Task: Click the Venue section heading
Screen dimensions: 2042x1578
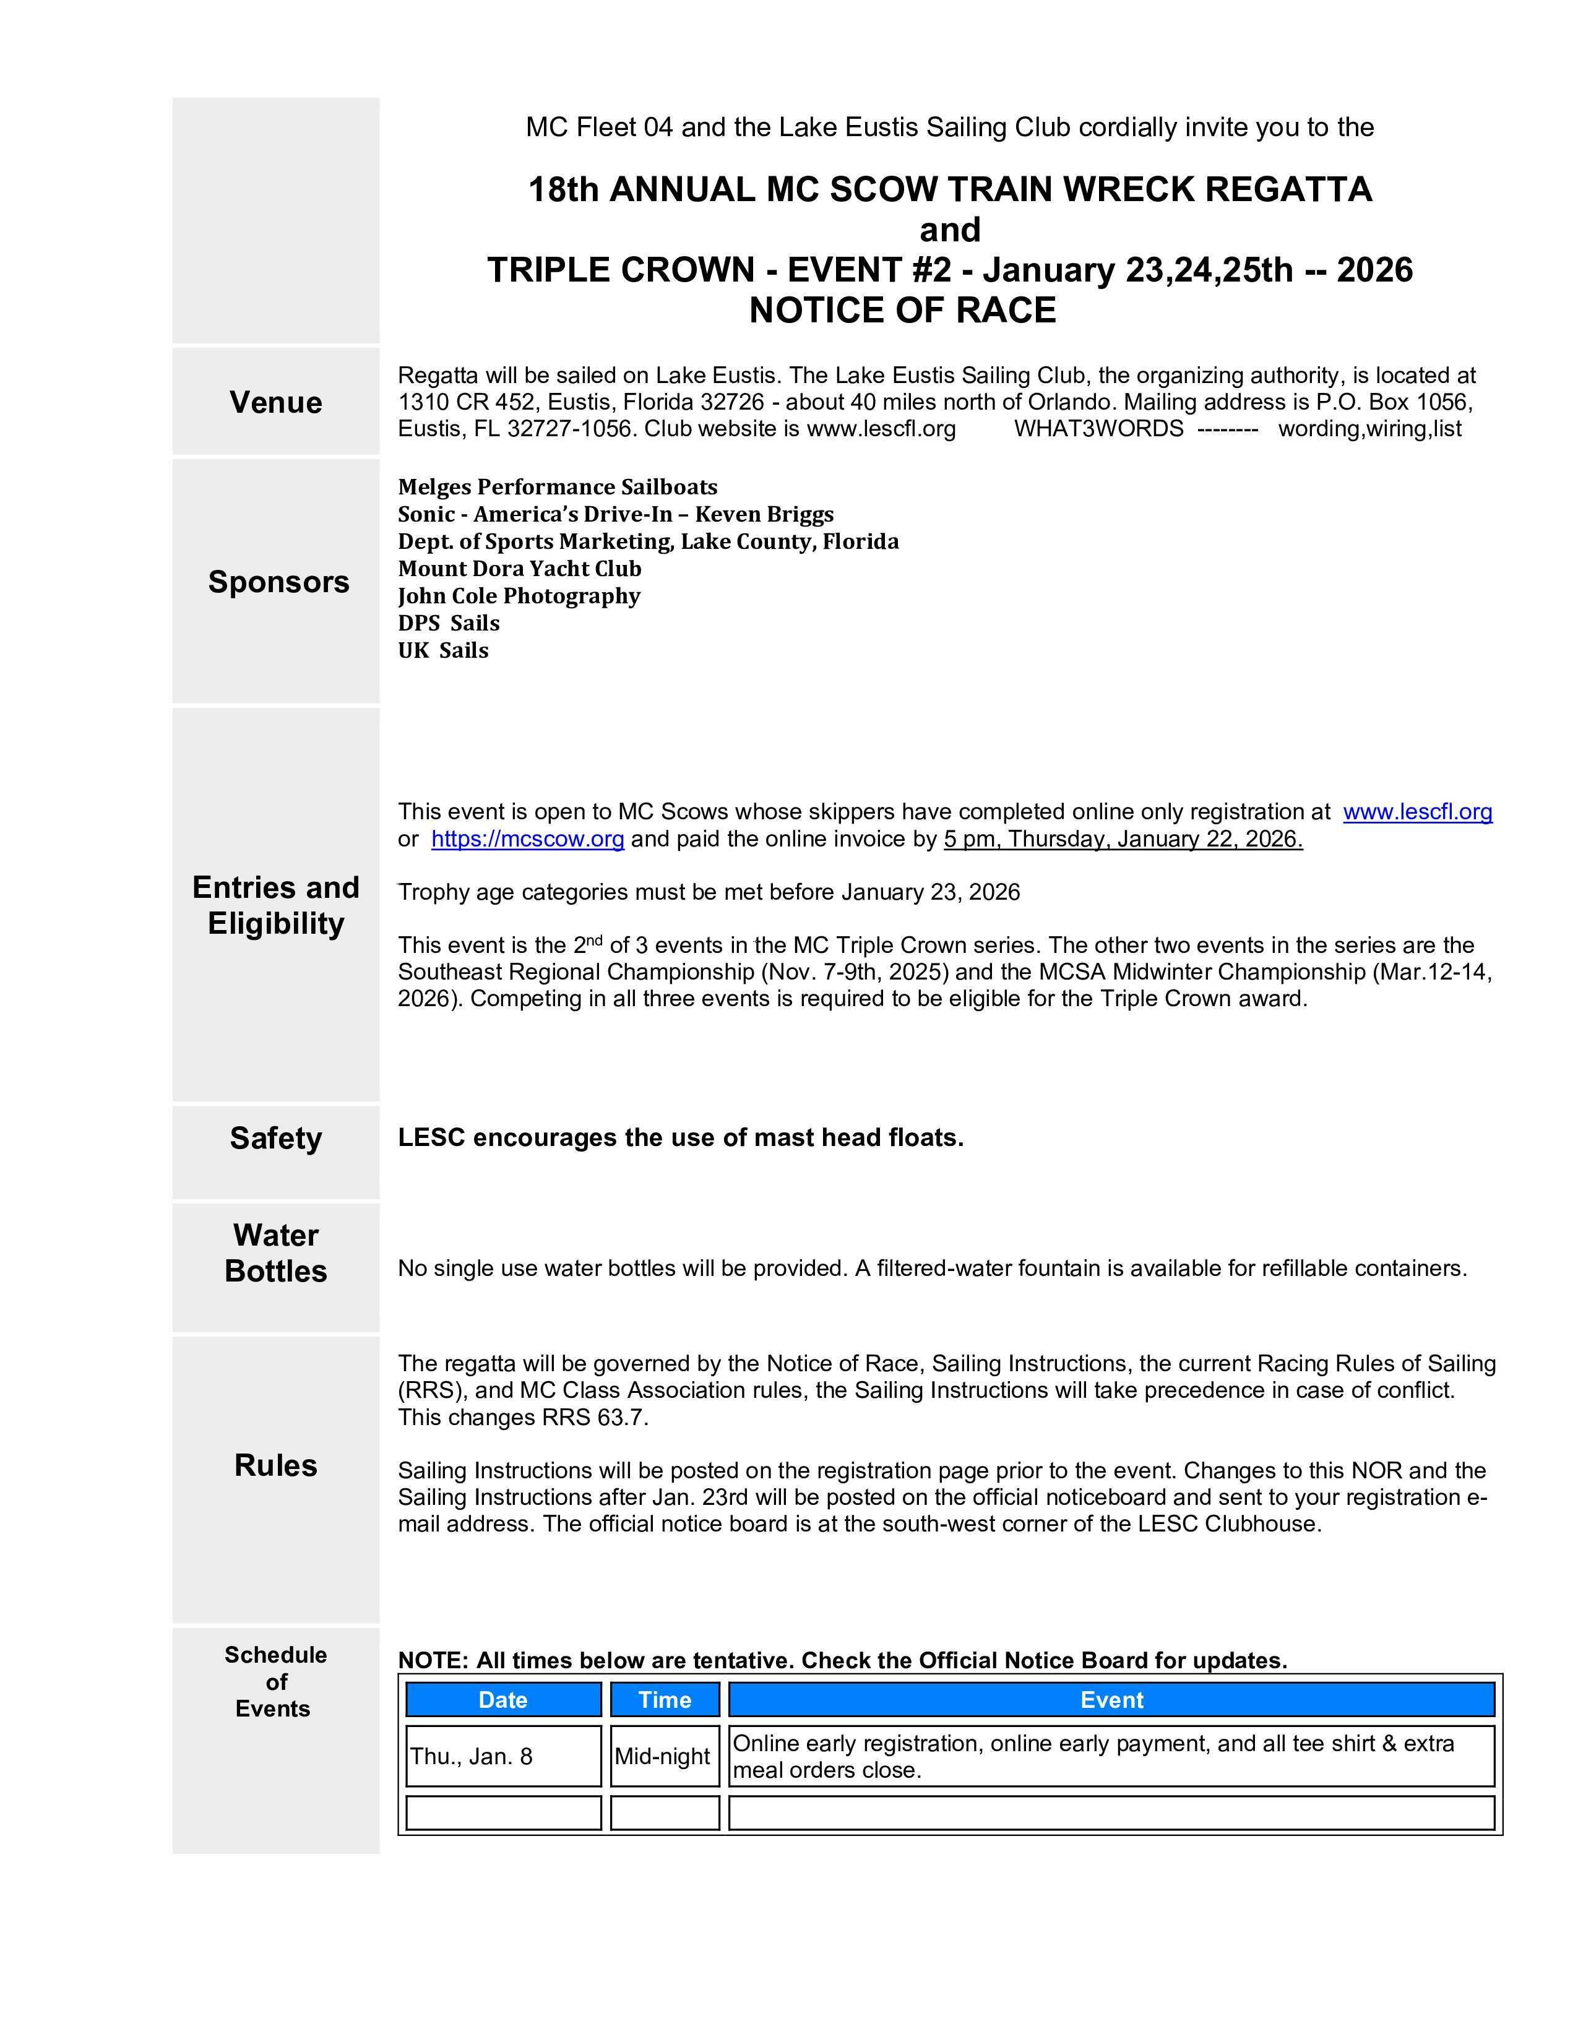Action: (276, 402)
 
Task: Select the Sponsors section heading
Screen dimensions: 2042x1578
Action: (278, 582)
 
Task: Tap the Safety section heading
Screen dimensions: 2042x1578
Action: (276, 1138)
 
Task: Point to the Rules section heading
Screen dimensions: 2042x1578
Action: (276, 1465)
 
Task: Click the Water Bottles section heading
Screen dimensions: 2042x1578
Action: (276, 1253)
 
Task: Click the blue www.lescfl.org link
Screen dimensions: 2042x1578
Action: (1417, 812)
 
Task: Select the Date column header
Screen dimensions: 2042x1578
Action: (503, 1700)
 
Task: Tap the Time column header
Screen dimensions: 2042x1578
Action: (665, 1700)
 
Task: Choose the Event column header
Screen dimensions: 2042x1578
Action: (1111, 1700)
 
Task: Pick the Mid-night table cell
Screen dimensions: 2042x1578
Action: (663, 1757)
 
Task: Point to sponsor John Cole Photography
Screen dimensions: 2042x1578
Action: (519, 595)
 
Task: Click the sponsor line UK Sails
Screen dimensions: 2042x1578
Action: (443, 650)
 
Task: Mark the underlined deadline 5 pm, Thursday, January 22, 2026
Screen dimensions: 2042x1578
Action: (1123, 838)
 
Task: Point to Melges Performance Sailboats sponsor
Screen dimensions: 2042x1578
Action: (557, 487)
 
